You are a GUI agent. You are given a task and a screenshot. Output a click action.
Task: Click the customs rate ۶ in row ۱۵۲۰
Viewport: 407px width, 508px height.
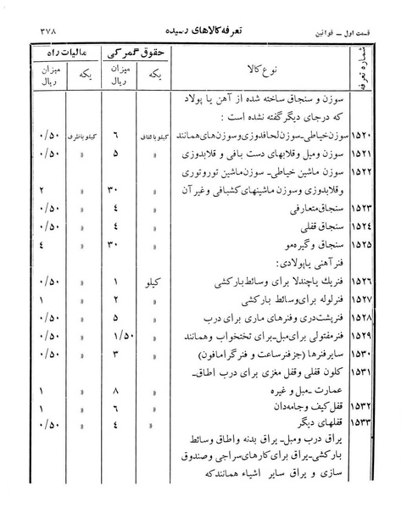(x=117, y=136)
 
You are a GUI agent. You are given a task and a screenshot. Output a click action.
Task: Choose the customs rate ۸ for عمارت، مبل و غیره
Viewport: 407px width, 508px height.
(x=117, y=390)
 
